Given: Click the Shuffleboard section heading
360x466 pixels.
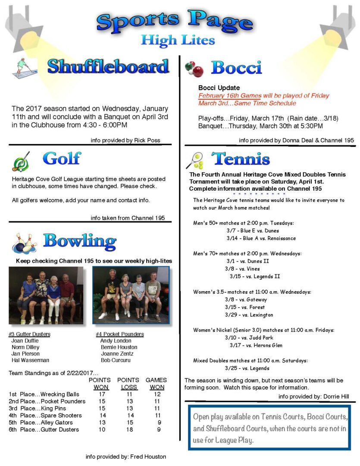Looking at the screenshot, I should (108, 67).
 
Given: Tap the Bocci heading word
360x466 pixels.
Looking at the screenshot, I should (236, 68).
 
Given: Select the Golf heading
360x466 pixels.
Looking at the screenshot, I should (62, 158).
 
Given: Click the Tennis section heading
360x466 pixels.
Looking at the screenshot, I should (240, 159).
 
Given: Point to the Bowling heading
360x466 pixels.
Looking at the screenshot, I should (79, 241).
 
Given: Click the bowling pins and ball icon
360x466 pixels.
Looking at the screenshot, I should (24, 243).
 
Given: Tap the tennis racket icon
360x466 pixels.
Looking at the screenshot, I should (194, 160).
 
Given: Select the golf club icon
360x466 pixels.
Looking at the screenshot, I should (21, 162).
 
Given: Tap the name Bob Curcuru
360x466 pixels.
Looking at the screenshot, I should (116, 360).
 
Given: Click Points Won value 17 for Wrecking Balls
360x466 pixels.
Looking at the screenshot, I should (102, 394).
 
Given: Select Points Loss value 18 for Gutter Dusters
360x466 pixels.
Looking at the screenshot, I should (128, 429).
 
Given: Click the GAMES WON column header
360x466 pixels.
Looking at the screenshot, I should (156, 384).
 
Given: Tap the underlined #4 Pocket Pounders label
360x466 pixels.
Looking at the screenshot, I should (120, 334).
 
